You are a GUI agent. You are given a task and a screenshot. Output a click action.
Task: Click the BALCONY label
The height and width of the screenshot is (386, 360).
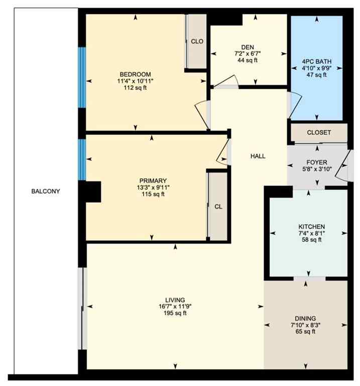(x=46, y=191)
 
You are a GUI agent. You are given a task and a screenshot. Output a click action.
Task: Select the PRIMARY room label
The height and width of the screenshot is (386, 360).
(x=153, y=181)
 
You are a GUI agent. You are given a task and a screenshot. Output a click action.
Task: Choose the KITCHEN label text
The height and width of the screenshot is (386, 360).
(x=311, y=227)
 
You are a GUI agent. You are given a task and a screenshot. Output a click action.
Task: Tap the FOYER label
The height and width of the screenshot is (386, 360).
(x=317, y=162)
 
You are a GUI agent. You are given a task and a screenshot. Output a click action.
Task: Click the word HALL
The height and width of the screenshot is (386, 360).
(x=258, y=156)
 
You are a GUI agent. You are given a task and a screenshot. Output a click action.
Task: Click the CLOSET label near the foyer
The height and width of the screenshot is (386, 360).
(x=319, y=133)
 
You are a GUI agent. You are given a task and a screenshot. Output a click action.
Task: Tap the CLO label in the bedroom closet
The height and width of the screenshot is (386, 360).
(x=197, y=42)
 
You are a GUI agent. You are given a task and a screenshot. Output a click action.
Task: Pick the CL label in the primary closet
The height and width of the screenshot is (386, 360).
(x=218, y=206)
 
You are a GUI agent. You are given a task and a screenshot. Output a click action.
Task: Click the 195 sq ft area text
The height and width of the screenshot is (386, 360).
(x=174, y=314)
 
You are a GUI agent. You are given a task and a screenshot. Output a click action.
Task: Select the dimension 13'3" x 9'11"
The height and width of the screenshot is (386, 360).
(x=153, y=188)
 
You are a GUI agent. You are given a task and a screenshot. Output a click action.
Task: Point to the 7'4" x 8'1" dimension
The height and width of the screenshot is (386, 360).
(x=311, y=233)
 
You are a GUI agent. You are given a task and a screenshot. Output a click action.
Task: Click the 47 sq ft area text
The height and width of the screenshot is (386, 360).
(x=316, y=75)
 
